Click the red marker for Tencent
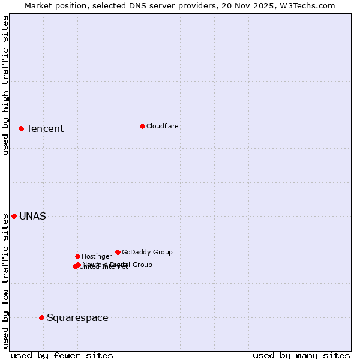21,128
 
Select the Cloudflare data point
142,126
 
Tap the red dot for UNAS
14,216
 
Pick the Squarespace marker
41,317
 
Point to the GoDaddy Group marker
118,252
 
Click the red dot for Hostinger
77,256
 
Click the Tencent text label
45,129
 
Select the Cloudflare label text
163,127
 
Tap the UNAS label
32,217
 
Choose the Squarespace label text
77,318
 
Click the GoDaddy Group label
147,253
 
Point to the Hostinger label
97,257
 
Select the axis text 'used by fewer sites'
62,355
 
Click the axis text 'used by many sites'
301,355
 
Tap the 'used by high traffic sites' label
5,85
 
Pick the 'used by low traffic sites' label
5,281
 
